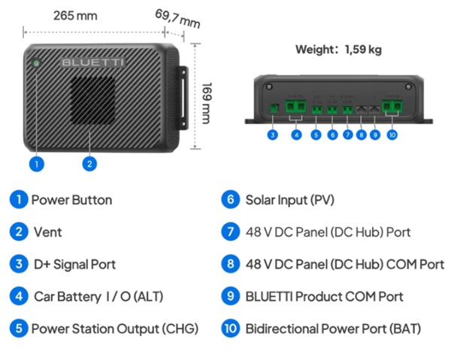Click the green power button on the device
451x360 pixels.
pos(36,62)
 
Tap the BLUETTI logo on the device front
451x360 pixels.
pos(93,62)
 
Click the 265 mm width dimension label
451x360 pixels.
pos(75,16)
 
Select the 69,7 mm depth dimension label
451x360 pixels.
pos(177,19)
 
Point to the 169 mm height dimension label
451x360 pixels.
pos(207,103)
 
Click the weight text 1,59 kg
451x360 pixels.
pos(363,50)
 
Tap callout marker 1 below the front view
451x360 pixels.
pos(37,164)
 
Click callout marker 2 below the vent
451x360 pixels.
pos(89,164)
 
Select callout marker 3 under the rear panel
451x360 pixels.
pos(272,135)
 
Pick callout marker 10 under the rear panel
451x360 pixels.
pos(392,135)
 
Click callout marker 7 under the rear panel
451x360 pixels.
pos(347,135)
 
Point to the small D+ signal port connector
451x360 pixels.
pos(274,108)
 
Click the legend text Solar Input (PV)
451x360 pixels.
pos(290,200)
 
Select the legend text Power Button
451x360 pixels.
pos(71,200)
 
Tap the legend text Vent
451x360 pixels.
pos(48,232)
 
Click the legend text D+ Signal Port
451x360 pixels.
pos(74,265)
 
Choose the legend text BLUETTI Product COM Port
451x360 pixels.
pos(325,296)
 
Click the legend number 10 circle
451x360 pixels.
pos(231,328)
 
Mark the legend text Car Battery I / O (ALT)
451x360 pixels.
pos(98,297)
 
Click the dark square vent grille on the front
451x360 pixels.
pos(92,100)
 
